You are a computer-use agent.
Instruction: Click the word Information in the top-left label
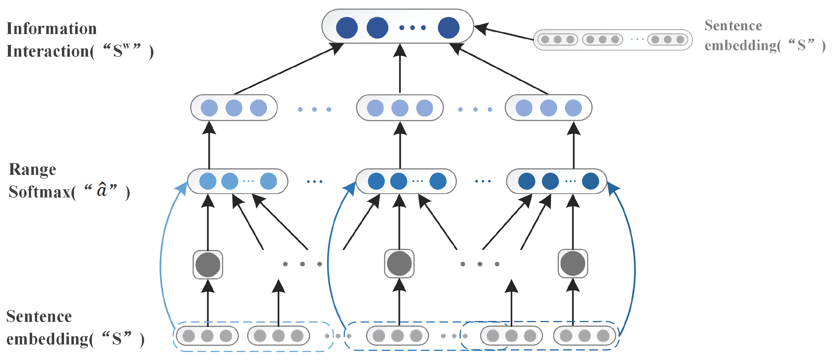pyautogui.click(x=52, y=28)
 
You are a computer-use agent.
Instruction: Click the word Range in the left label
pyautogui.click(x=32, y=169)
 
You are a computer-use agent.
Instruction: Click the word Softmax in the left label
pyautogui.click(x=40, y=192)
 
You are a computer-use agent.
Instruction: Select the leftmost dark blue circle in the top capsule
pyautogui.click(x=347, y=28)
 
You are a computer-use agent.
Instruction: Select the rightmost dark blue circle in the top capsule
pyautogui.click(x=448, y=28)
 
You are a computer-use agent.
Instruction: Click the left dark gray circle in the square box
pyautogui.click(x=208, y=265)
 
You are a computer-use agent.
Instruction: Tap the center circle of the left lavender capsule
pyautogui.click(x=234, y=108)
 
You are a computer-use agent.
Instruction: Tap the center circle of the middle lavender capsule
pyautogui.click(x=400, y=108)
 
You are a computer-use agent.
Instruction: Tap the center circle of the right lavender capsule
pyautogui.click(x=548, y=108)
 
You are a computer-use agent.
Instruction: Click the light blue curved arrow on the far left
pyautogui.click(x=162, y=258)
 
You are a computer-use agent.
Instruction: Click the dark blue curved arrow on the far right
pyautogui.click(x=634, y=258)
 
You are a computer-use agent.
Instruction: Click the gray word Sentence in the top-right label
pyautogui.click(x=733, y=26)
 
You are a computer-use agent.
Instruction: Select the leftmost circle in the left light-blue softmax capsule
pyautogui.click(x=208, y=181)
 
